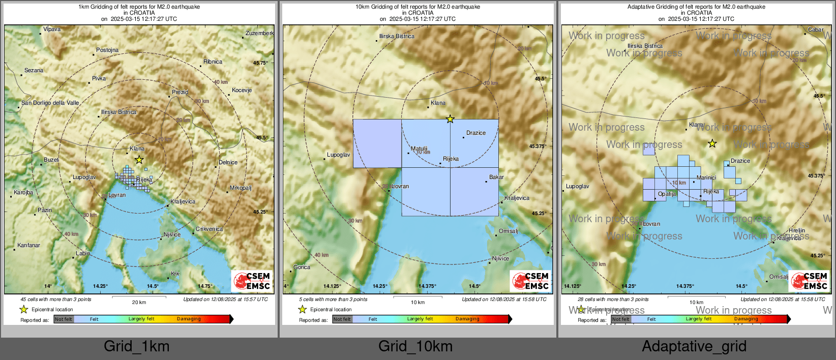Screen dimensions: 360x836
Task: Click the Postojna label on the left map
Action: [107, 50]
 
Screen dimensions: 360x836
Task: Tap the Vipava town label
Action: [52, 29]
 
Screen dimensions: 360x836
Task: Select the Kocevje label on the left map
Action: [242, 90]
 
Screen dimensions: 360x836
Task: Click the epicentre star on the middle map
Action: [450, 119]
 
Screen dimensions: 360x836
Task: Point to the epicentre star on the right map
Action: [712, 144]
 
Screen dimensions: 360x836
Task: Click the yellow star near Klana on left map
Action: [139, 160]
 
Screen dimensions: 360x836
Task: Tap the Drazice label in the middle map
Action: [476, 133]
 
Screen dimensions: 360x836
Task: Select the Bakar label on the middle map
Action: [496, 177]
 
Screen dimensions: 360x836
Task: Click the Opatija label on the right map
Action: [667, 194]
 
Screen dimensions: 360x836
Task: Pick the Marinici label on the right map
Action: [706, 177]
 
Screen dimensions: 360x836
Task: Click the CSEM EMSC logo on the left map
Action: [252, 281]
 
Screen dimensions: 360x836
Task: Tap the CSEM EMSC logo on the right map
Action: [809, 281]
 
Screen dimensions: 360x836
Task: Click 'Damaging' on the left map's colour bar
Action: [189, 319]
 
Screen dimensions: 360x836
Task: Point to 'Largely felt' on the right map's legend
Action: [698, 319]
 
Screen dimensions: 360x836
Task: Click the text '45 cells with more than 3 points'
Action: [56, 299]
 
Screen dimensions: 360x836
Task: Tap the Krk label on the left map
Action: [175, 274]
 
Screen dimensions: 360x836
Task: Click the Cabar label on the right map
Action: [816, 29]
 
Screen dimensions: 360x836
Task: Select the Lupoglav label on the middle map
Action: [338, 155]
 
